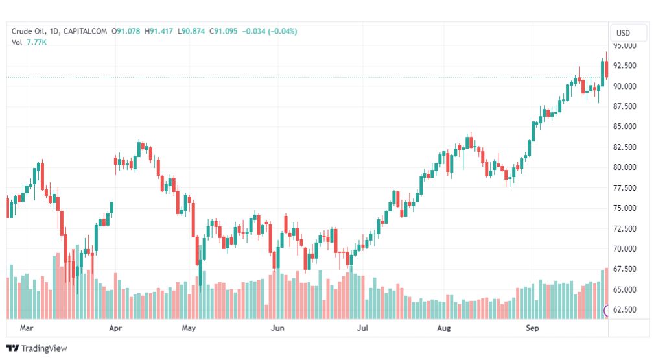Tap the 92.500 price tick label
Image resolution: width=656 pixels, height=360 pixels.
625,66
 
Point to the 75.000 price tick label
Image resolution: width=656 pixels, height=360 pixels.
625,208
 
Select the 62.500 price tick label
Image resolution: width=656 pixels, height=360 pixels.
625,310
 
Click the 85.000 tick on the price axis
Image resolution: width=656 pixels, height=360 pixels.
625,126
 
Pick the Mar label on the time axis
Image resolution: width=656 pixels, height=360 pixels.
27,328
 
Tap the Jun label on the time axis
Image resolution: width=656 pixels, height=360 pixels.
277,328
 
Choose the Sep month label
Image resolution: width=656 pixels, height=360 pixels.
532,328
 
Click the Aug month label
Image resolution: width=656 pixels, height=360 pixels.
444,328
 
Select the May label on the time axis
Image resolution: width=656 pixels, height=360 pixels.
189,328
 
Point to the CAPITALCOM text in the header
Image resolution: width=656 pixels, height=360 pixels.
85,31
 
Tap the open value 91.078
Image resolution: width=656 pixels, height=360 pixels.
128,31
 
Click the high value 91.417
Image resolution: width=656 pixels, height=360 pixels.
161,31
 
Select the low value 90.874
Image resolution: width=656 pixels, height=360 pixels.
193,31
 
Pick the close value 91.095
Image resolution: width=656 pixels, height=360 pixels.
226,31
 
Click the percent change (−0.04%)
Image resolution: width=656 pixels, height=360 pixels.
283,31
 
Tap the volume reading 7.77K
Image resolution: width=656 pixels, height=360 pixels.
37,42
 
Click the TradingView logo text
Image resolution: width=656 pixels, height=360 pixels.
44,348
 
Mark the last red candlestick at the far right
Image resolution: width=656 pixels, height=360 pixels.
606,69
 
